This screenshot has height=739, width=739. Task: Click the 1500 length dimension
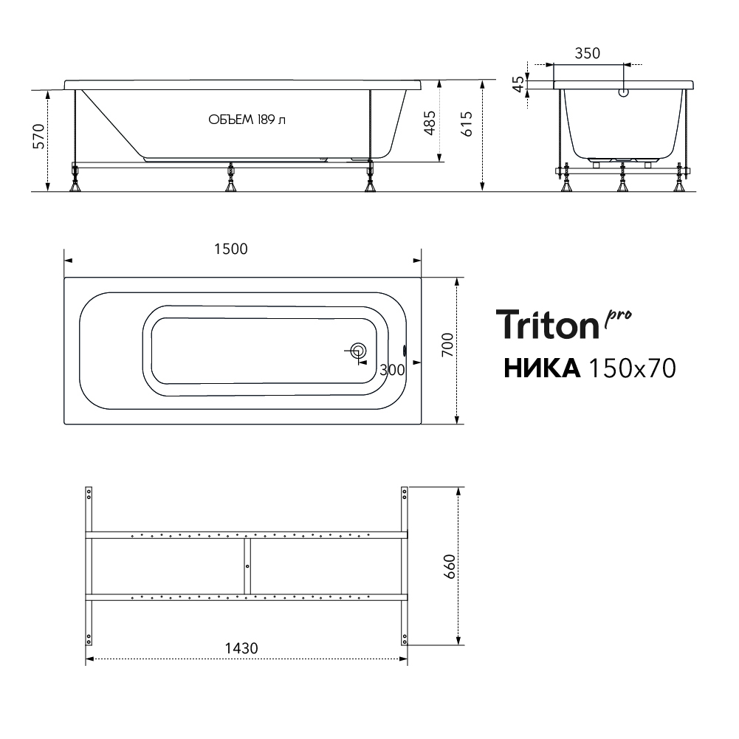(231, 249)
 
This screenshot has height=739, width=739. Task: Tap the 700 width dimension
(447, 345)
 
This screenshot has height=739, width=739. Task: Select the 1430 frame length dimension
(241, 648)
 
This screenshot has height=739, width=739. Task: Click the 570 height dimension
(38, 136)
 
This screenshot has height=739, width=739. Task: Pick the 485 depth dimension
(430, 123)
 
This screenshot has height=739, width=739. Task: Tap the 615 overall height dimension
(466, 124)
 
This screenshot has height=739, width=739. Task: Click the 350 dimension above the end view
(587, 53)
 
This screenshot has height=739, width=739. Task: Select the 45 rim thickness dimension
(518, 84)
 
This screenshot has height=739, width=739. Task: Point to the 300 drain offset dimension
(392, 370)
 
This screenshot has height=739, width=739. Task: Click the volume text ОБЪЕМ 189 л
(247, 120)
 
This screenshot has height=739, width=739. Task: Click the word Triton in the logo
(547, 325)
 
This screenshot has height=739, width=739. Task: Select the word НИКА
(542, 368)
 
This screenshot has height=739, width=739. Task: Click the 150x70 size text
(633, 368)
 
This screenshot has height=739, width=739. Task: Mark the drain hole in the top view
(359, 351)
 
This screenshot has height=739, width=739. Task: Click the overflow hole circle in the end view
(624, 93)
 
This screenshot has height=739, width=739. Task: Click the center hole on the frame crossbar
(247, 566)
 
